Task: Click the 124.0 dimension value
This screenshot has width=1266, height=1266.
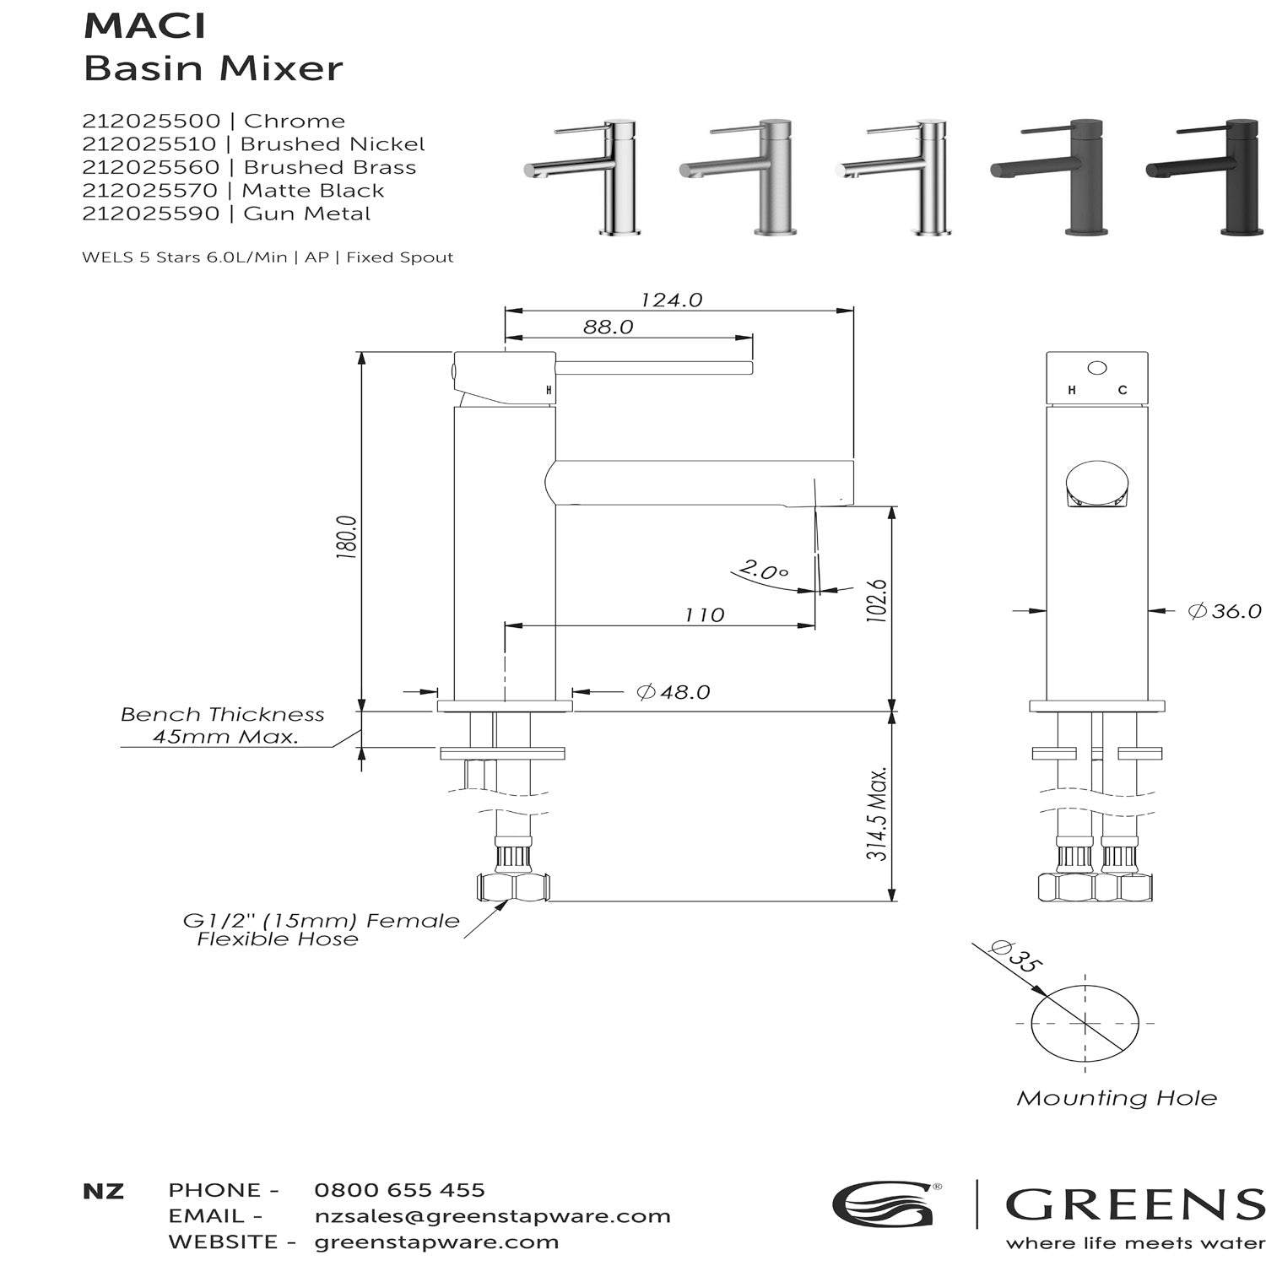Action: point(671,300)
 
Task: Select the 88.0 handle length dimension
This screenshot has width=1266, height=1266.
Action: point(608,327)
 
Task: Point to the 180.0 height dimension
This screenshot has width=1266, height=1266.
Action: point(347,538)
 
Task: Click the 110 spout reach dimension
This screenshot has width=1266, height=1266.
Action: point(704,615)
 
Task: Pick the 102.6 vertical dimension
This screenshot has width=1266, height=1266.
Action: point(877,601)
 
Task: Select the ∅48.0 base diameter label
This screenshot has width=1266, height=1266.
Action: point(673,692)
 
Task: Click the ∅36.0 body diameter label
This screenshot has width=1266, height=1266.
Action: point(1224,611)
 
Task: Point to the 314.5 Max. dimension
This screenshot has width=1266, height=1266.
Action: point(877,814)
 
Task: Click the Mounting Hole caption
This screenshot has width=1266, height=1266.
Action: point(1116,1098)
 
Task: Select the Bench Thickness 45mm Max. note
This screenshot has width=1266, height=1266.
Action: point(223,725)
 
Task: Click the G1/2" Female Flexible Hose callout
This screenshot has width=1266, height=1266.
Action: point(321,930)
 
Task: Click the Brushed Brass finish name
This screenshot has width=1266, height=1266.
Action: point(329,167)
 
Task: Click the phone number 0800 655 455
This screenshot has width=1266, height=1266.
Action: point(399,1190)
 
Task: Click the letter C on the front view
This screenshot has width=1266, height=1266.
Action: point(1122,390)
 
